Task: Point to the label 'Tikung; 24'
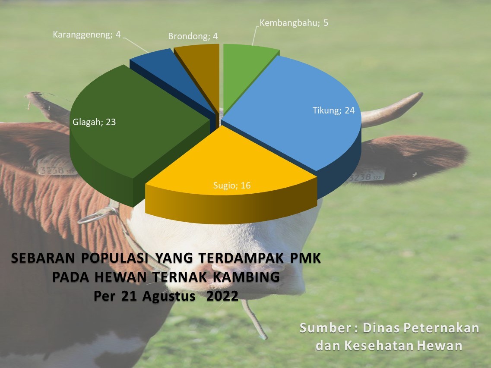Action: [x=333, y=110]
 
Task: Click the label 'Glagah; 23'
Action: [x=94, y=122]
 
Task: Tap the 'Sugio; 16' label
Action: [x=232, y=186]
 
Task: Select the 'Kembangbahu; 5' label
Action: [x=294, y=23]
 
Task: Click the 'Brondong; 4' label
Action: [x=193, y=36]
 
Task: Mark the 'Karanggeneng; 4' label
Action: [x=87, y=35]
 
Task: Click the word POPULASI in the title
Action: [x=114, y=258]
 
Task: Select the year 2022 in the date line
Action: [x=222, y=296]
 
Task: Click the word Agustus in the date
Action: [x=169, y=296]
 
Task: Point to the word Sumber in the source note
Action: [x=326, y=328]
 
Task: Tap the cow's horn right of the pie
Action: [x=391, y=110]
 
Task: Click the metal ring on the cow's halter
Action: [x=98, y=216]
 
